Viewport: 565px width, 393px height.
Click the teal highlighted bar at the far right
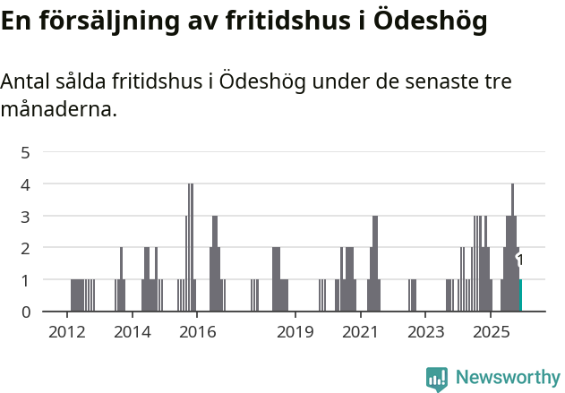[x=520, y=295]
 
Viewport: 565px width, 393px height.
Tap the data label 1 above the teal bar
[x=520, y=260]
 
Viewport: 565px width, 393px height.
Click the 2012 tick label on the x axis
[x=66, y=332]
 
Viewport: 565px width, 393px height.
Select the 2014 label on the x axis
[x=132, y=332]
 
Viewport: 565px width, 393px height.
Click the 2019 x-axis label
[x=295, y=332]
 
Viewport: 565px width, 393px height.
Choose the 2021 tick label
[x=360, y=332]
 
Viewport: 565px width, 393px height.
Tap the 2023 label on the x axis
[x=425, y=332]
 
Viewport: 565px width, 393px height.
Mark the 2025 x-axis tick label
[x=491, y=332]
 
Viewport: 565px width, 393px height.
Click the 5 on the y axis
[x=26, y=152]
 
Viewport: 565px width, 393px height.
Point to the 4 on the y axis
[x=26, y=184]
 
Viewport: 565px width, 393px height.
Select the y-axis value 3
[x=26, y=216]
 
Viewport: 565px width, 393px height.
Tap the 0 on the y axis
[x=26, y=312]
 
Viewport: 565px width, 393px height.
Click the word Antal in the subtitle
[x=27, y=82]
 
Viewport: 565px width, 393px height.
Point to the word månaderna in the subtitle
[x=58, y=110]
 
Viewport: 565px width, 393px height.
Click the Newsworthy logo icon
[x=437, y=378]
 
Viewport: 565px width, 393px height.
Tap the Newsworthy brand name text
[x=507, y=378]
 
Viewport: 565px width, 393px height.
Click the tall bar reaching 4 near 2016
[x=190, y=247]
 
